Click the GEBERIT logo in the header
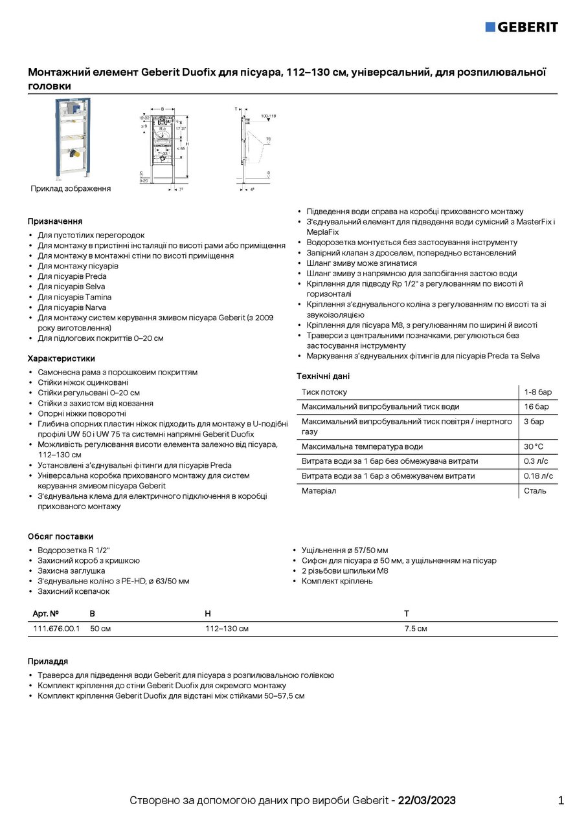[521, 27]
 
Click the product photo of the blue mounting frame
[73, 138]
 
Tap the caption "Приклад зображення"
[71, 189]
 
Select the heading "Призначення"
[55, 221]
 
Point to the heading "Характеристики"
[61, 358]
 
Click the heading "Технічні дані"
[323, 376]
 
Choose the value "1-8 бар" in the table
[537, 392]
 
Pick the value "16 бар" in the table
[536, 407]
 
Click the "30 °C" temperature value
[534, 446]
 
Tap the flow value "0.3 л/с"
[535, 461]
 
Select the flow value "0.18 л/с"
[538, 476]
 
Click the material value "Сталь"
[535, 491]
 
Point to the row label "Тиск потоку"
[324, 392]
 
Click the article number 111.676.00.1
[56, 629]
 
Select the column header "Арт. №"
[46, 613]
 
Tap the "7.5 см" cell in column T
[416, 629]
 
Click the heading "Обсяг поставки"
[60, 536]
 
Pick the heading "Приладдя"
[48, 661]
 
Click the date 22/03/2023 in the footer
[427, 801]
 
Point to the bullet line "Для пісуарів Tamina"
[74, 297]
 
